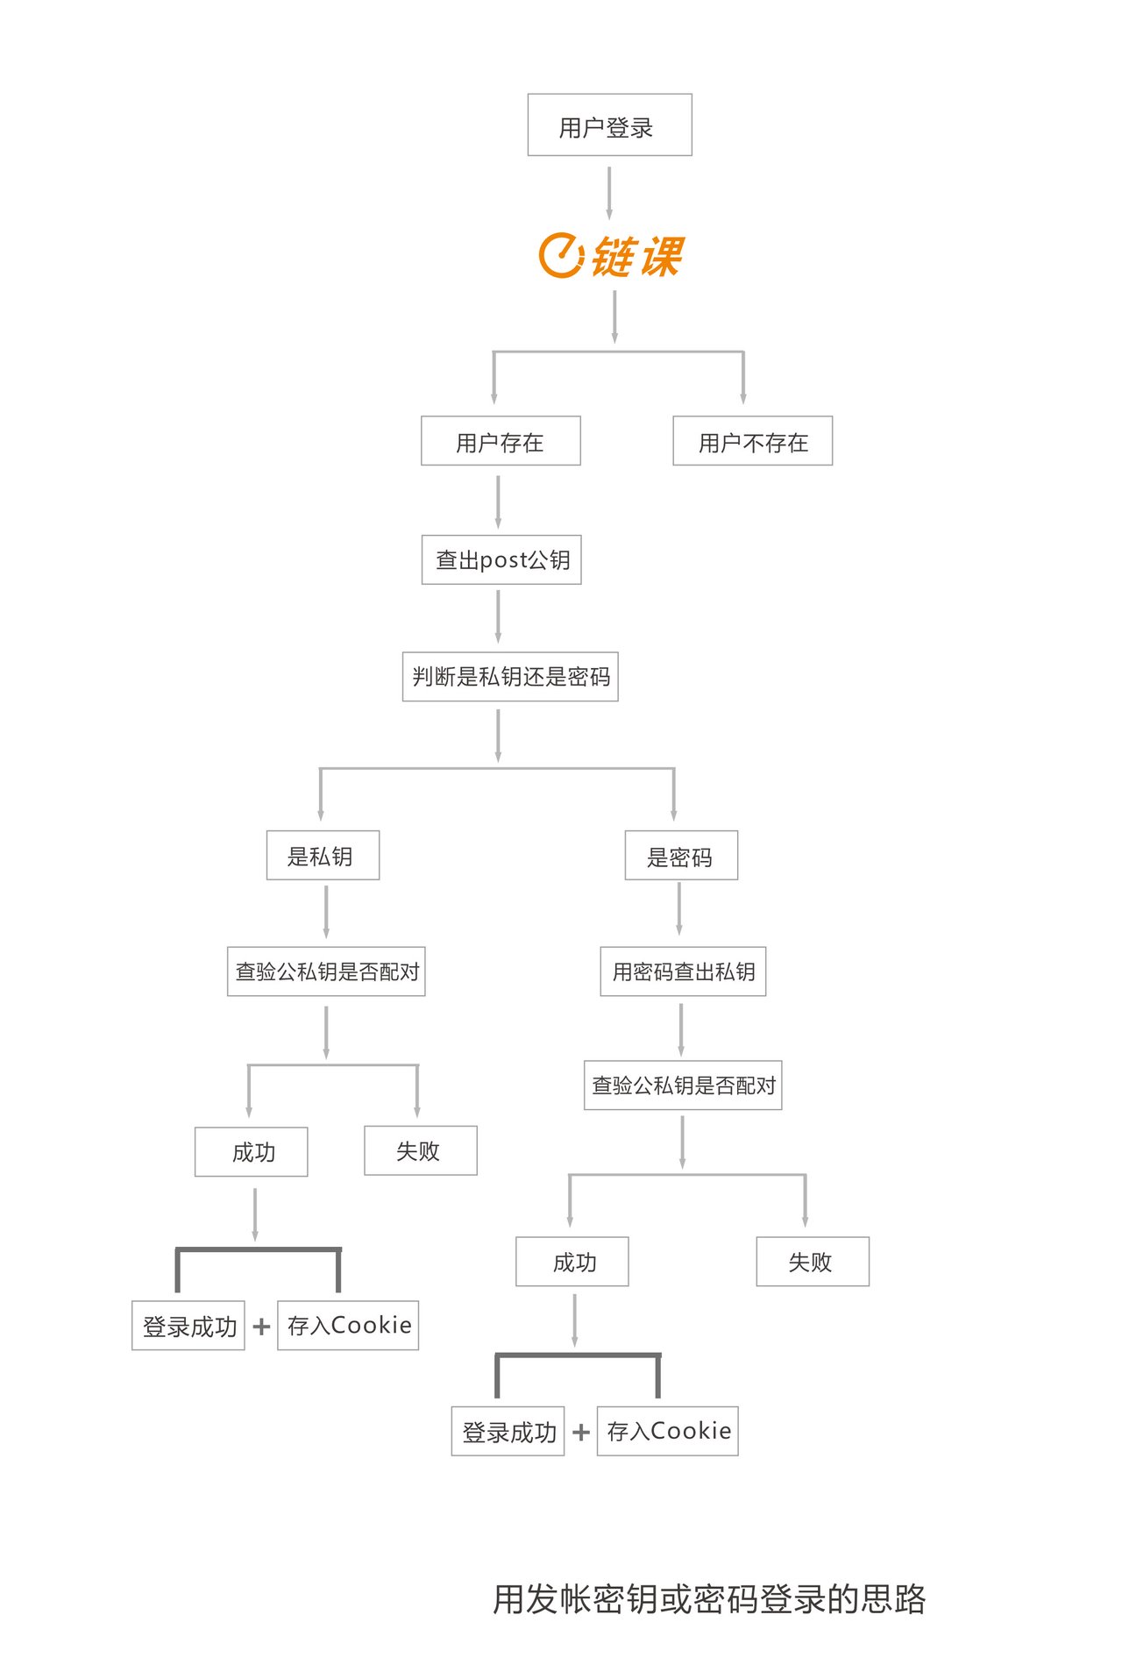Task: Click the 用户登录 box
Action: (x=609, y=125)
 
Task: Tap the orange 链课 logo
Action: (x=611, y=256)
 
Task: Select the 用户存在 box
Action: (x=501, y=441)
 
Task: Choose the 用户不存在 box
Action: (x=752, y=441)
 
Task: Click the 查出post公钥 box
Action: (x=501, y=559)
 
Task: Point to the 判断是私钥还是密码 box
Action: (x=510, y=677)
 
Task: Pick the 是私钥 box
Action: (x=323, y=856)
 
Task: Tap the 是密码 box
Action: (x=681, y=856)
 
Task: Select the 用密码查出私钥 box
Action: (x=683, y=971)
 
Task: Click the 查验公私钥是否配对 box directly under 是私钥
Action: (x=326, y=971)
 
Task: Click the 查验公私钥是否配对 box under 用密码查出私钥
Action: (x=683, y=1085)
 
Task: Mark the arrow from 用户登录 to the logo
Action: (x=609, y=194)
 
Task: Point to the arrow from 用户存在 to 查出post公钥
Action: (x=498, y=502)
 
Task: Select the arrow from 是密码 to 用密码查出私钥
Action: (x=679, y=909)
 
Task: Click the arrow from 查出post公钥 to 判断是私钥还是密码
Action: (x=498, y=616)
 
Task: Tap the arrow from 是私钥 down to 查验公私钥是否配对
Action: (x=326, y=912)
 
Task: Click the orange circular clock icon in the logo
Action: (x=560, y=256)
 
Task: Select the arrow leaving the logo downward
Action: (x=614, y=317)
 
